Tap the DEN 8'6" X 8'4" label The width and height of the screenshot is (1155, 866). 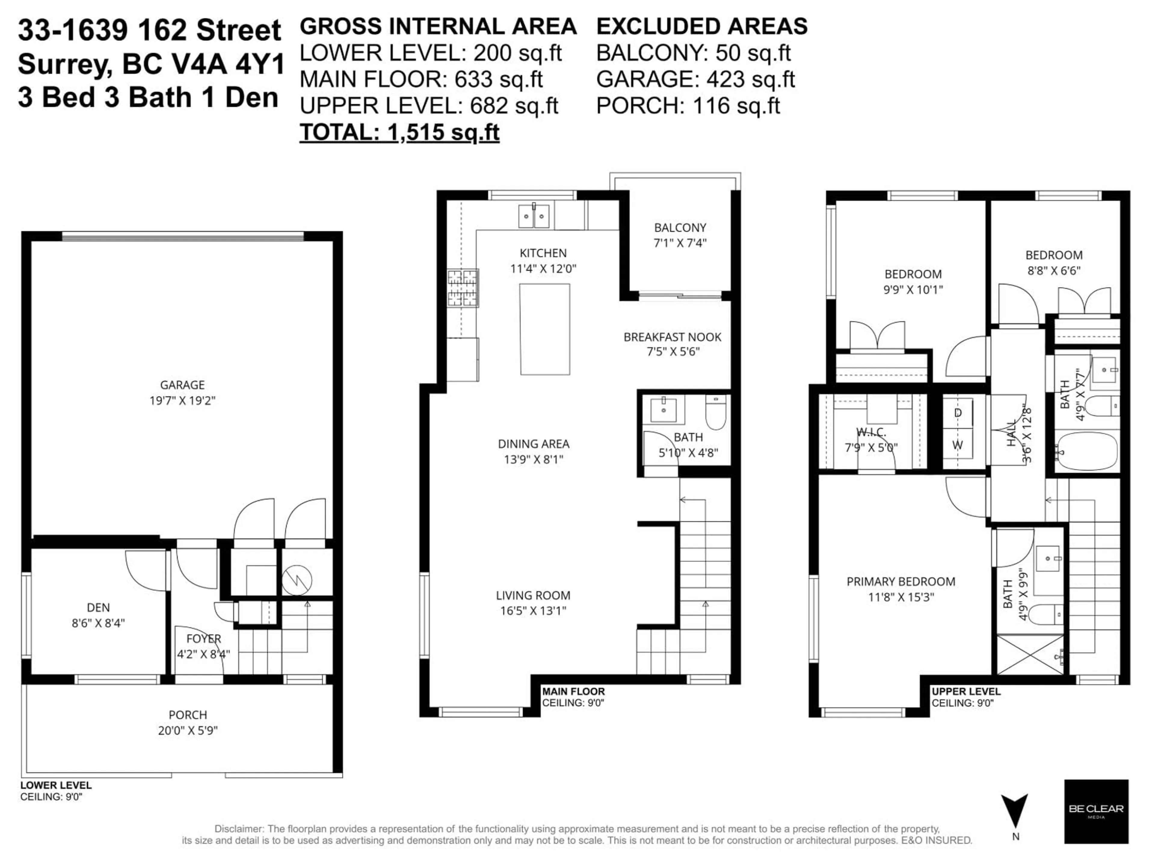[x=98, y=615]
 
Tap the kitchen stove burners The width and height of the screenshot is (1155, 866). [x=463, y=288]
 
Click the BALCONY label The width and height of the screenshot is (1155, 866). [x=680, y=228]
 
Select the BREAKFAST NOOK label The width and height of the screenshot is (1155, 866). [x=672, y=337]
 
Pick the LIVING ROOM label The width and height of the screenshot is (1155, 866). [x=533, y=595]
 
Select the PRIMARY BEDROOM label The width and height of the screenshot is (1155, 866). [x=901, y=582]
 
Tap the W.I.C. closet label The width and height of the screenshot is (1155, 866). [x=871, y=432]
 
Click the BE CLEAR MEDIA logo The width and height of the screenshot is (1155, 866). [x=1096, y=811]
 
